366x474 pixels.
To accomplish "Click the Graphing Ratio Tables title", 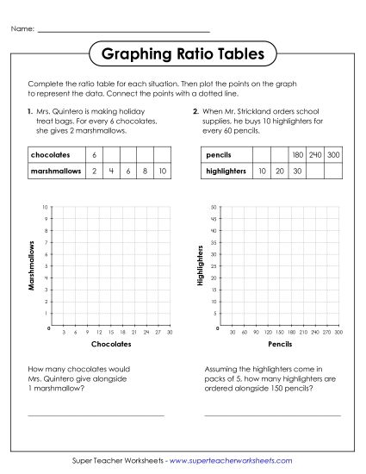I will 183,55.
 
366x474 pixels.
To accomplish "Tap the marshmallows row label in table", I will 51,172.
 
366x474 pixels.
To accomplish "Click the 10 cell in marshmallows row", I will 163,172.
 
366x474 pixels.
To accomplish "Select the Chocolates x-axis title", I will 110,344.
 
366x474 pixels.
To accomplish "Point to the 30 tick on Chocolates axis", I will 170,332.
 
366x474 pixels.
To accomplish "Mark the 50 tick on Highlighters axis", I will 214,208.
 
